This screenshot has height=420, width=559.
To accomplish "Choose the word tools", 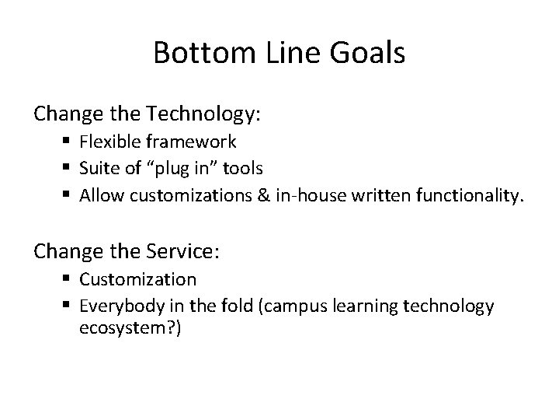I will [242, 167].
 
